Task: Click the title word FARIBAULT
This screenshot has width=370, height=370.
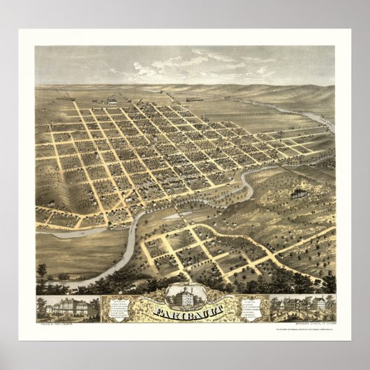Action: click(186, 305)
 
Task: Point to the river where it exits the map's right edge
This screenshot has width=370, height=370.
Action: click(330, 126)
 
